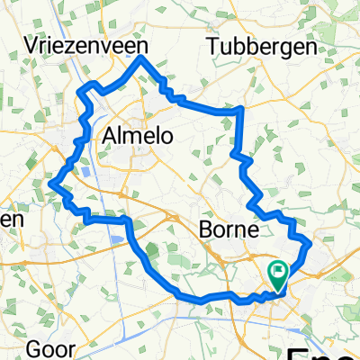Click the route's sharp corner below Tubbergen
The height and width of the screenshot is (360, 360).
point(242,109)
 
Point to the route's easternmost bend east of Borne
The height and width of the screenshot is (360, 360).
point(310,242)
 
